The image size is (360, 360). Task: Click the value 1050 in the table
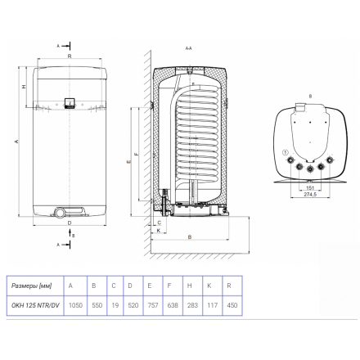click(x=75, y=305)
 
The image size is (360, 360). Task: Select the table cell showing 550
click(x=97, y=305)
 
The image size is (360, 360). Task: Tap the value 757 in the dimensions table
click(x=153, y=305)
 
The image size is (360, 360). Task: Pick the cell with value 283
click(x=192, y=305)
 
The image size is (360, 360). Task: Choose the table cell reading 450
click(x=232, y=305)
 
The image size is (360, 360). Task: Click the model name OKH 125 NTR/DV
click(x=35, y=305)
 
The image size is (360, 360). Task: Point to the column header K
click(x=209, y=286)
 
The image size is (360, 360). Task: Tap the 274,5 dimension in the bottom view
click(x=310, y=195)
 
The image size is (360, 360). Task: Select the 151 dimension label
click(x=310, y=188)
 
